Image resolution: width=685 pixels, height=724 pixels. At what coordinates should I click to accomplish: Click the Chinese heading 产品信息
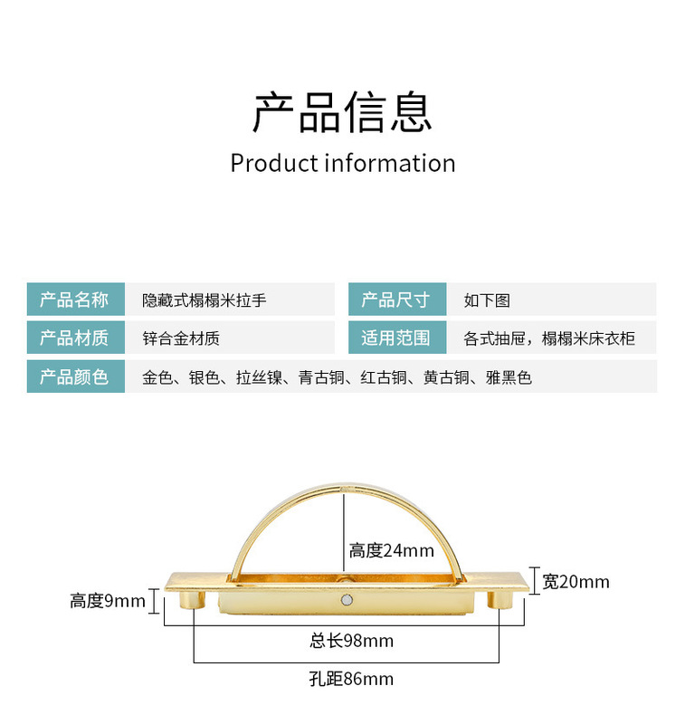coord(342,112)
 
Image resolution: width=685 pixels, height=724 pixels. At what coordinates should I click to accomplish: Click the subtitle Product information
coord(342,164)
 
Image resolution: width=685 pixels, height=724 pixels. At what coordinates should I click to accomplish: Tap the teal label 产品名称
coord(74,300)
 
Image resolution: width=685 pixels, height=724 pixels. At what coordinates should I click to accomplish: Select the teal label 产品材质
coord(74,338)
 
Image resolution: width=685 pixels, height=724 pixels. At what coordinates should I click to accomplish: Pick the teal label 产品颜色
coord(74,376)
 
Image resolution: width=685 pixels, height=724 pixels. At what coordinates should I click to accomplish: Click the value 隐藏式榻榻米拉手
coord(205,300)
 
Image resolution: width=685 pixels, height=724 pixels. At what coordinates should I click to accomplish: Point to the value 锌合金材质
coord(181,339)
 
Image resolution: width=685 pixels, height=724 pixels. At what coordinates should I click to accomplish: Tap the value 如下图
coord(487,300)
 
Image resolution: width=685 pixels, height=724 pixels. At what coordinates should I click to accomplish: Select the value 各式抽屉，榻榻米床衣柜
coord(549,339)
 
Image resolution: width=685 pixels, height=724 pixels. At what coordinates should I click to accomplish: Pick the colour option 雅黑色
coord(509,377)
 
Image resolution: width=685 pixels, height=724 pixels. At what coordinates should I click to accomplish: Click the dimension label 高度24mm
coord(392,550)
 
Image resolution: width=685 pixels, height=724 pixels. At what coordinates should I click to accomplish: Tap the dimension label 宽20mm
coord(576,582)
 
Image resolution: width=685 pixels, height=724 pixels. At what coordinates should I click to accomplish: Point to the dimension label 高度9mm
coord(108,601)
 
